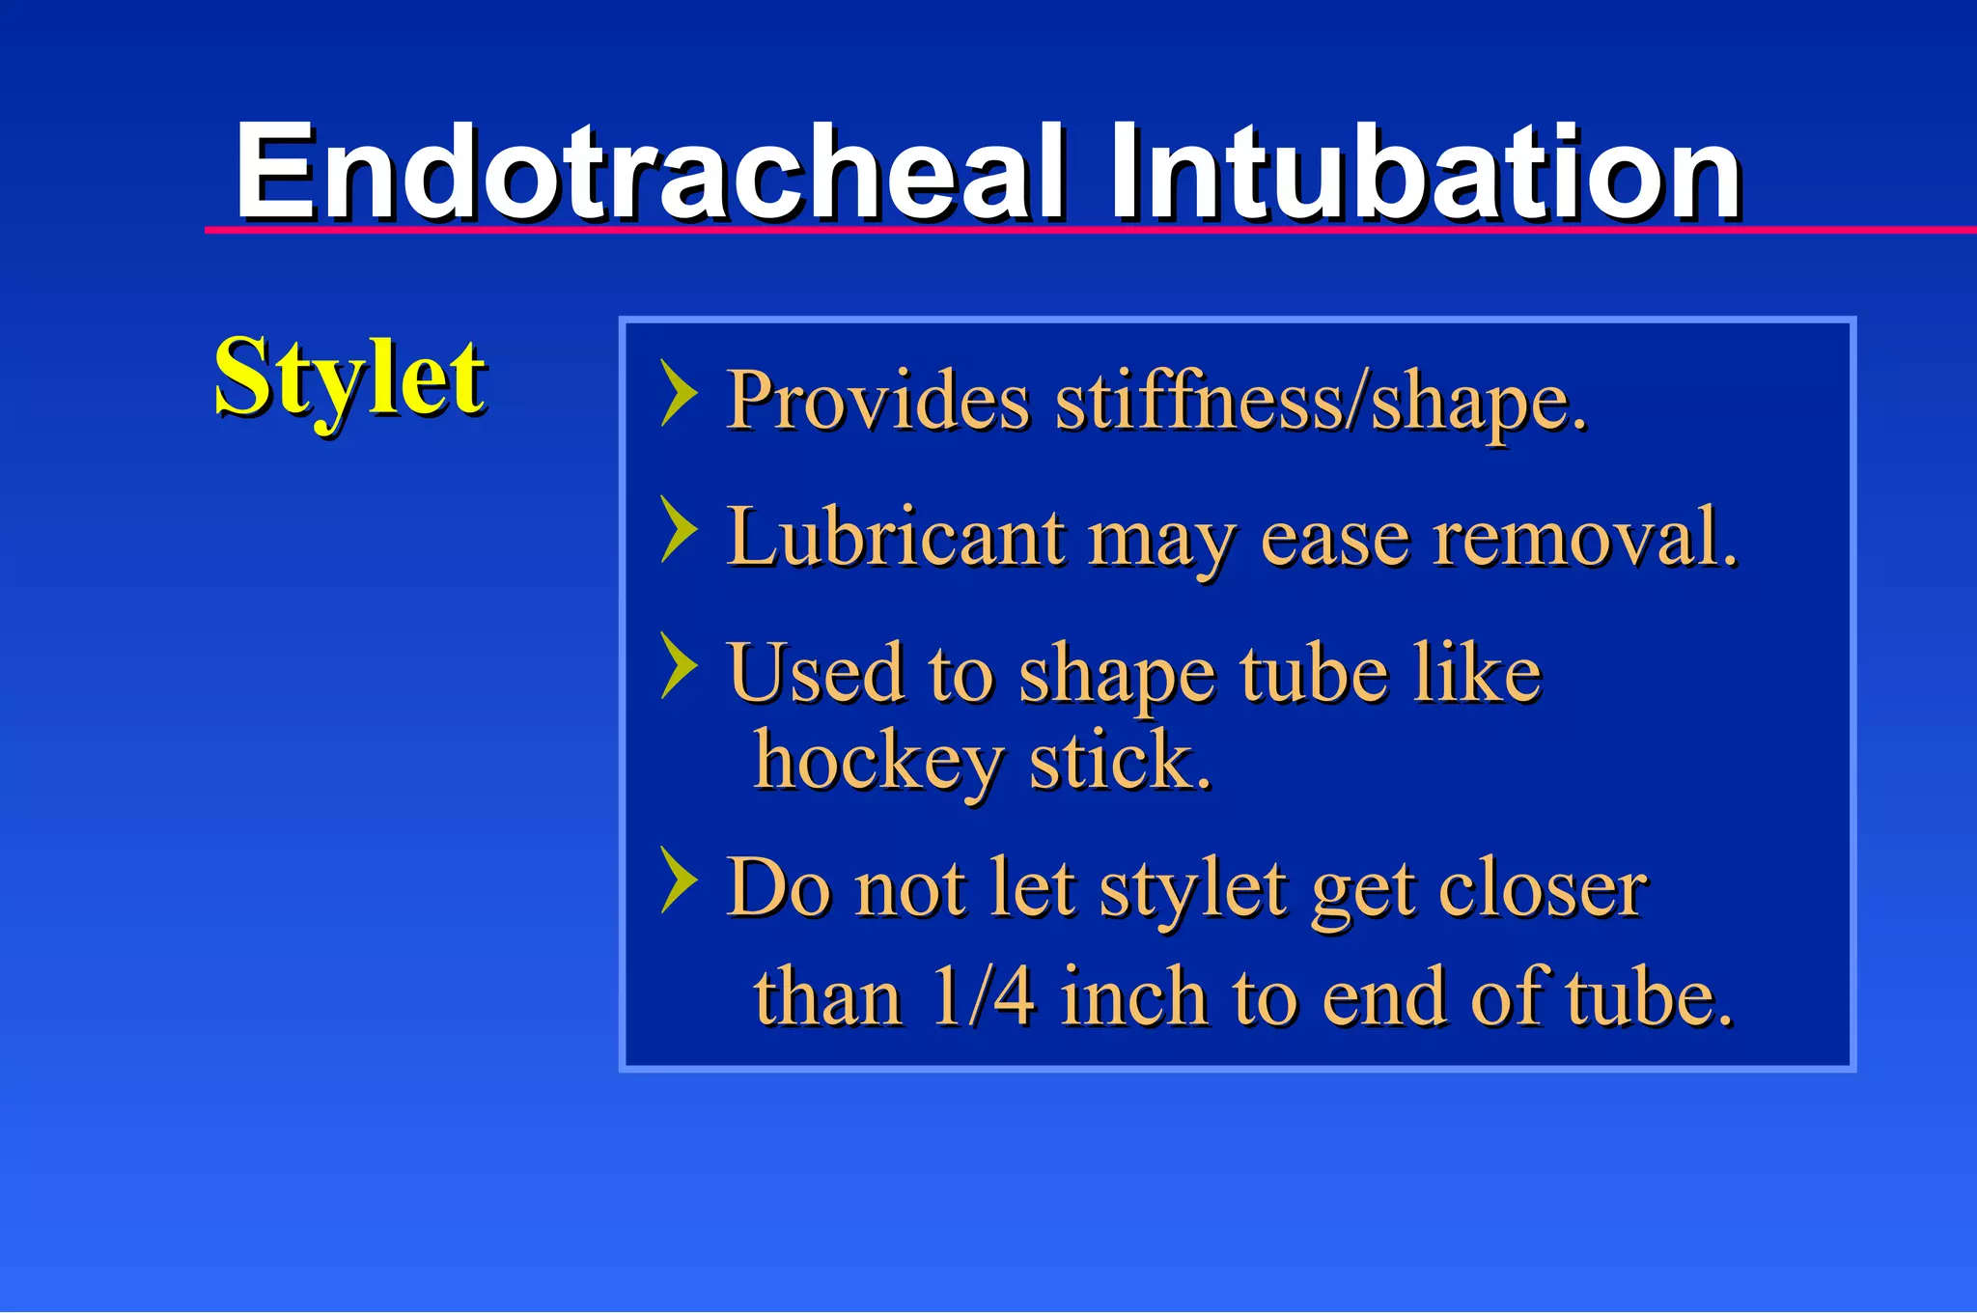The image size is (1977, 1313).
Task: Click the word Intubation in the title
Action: (1424, 174)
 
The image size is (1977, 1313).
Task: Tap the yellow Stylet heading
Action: (349, 378)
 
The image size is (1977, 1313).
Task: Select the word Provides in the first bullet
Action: (878, 401)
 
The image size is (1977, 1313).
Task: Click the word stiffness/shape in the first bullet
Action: (1320, 401)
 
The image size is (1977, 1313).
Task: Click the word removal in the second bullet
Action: (1584, 538)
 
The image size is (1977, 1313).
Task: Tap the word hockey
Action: (878, 761)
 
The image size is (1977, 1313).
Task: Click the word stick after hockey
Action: (1119, 761)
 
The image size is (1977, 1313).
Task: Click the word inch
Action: (1133, 996)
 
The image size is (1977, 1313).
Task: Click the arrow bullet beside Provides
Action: (679, 393)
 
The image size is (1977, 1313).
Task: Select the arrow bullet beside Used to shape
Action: (679, 665)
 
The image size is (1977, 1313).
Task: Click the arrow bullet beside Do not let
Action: (679, 880)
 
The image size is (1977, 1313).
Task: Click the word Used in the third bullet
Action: (817, 674)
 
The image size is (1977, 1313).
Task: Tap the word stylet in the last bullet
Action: (1193, 888)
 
